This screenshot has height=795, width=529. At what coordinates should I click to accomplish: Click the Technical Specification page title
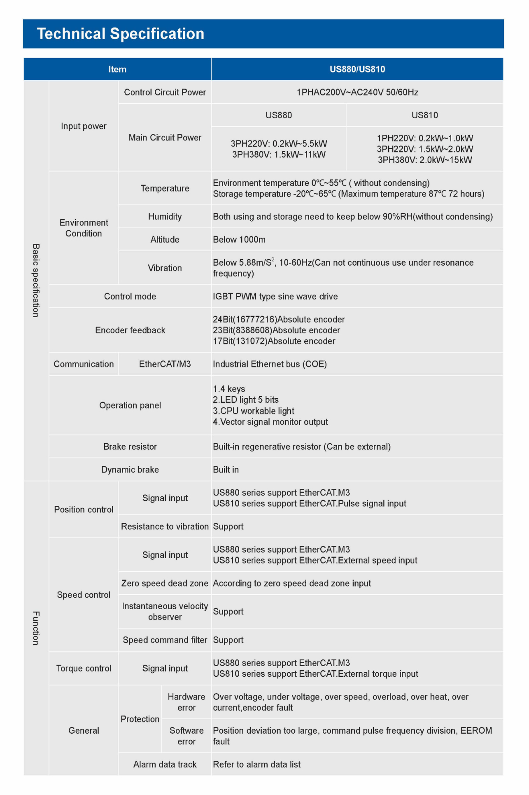(121, 34)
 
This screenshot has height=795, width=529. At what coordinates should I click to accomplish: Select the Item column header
(117, 69)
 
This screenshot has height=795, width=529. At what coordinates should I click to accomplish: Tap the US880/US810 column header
(357, 69)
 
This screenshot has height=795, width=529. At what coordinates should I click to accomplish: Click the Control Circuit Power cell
(165, 92)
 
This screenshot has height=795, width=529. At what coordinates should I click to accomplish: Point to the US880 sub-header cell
(279, 115)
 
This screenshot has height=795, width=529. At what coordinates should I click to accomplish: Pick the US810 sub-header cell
(424, 115)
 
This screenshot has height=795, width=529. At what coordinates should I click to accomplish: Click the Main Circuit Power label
(165, 138)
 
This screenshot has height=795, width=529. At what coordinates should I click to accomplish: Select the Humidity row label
(165, 217)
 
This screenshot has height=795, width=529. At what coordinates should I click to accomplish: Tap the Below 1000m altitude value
(239, 240)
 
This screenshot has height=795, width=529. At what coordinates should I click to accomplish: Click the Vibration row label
(165, 268)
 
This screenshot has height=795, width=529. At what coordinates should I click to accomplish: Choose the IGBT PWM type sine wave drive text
(275, 297)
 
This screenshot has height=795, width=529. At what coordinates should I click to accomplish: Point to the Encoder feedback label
(130, 330)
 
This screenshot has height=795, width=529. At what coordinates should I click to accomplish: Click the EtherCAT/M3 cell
(165, 364)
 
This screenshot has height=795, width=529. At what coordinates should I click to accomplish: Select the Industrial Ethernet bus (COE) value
(270, 364)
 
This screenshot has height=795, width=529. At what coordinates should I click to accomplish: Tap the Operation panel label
(130, 405)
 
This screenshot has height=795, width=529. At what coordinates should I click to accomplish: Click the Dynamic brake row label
(130, 470)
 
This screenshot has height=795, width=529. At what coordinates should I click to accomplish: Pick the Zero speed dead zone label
(165, 583)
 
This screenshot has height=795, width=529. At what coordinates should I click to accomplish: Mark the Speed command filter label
(165, 640)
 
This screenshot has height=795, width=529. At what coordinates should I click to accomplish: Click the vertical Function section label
(36, 628)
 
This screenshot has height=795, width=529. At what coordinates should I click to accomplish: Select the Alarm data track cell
(165, 765)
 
